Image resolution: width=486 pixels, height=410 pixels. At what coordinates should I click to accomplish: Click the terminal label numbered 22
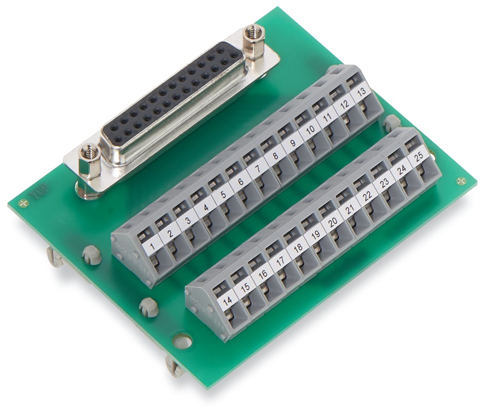[x=367, y=195]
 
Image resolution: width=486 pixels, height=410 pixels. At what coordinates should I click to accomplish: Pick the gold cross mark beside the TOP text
[x=23, y=203]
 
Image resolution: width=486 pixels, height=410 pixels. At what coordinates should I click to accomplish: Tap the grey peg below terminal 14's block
[x=148, y=307]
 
